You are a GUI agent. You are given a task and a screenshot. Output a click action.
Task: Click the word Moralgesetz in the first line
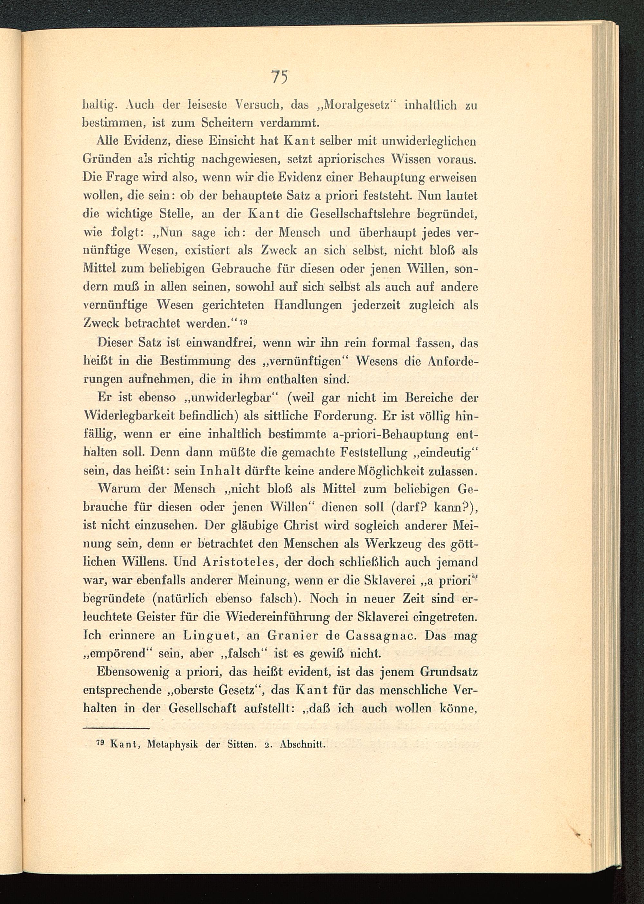[x=361, y=106]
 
